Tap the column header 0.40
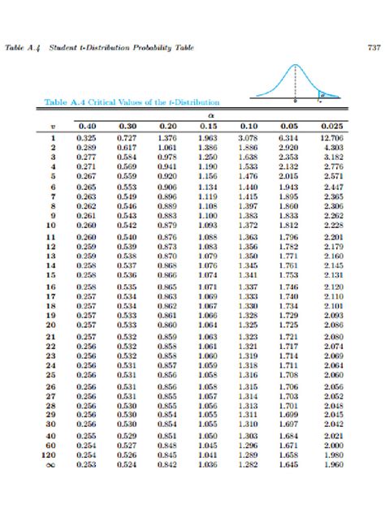point(85,127)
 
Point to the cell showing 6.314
point(289,139)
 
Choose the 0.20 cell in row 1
point(167,139)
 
